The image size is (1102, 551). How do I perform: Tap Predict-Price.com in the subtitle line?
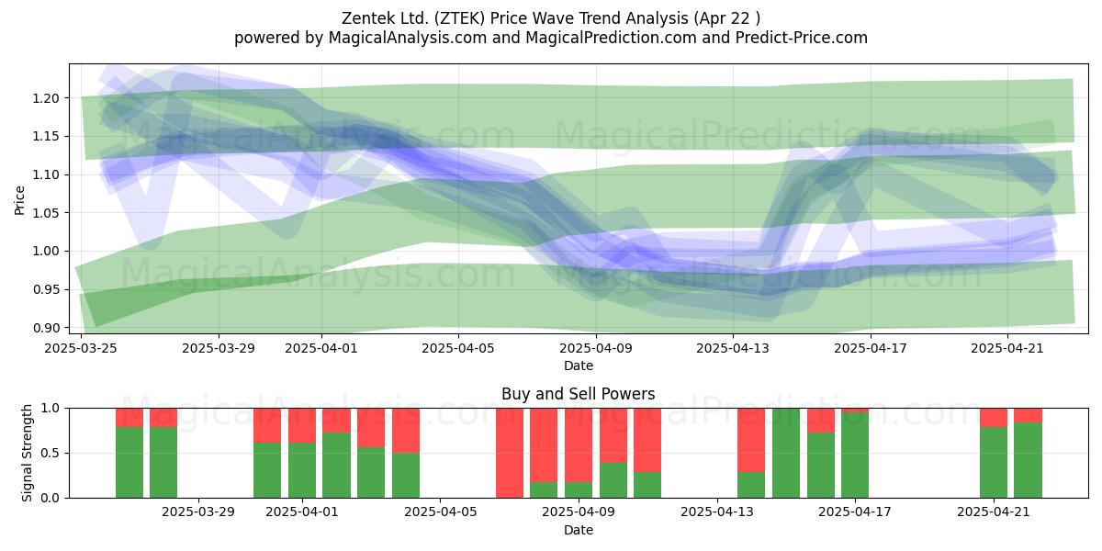tap(802, 38)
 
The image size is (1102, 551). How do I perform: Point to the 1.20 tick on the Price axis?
tap(46, 98)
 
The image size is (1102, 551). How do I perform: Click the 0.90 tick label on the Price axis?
tap(46, 328)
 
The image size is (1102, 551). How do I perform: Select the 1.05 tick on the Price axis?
tap(46, 213)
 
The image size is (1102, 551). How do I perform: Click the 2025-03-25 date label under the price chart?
tap(81, 348)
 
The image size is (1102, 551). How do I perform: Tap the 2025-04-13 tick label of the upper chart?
tap(733, 348)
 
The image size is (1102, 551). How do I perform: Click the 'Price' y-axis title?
tap(19, 200)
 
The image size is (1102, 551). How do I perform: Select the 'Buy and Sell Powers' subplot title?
tap(578, 394)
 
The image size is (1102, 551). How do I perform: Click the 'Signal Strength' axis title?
tap(27, 453)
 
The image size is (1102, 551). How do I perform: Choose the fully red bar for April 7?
tap(510, 453)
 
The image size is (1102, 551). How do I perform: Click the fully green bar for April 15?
tap(786, 453)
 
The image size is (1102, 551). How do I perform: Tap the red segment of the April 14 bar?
tap(751, 440)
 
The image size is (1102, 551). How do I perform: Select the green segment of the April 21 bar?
tap(994, 463)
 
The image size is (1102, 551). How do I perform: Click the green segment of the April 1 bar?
tap(302, 470)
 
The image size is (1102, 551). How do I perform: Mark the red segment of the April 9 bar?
tap(579, 445)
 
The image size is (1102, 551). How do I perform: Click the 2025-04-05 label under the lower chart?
tap(440, 512)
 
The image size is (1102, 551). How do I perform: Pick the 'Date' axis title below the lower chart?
tap(578, 530)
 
